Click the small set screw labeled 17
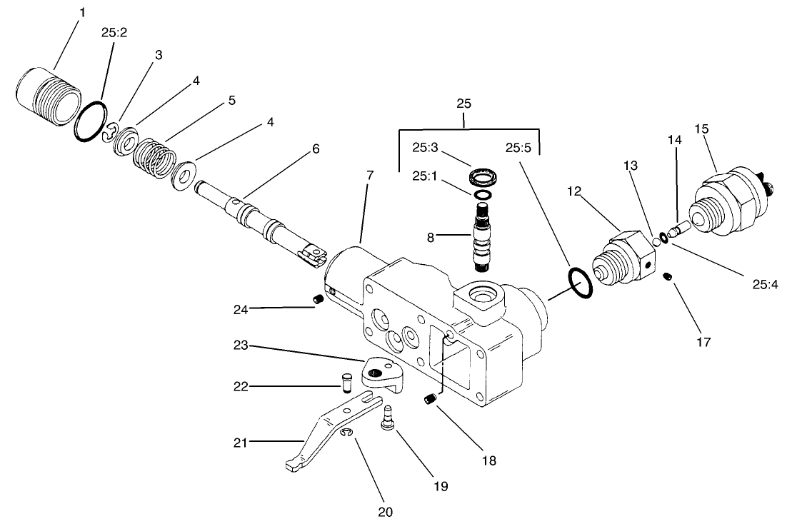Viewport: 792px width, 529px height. (668, 277)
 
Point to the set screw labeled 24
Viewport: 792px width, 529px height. (319, 300)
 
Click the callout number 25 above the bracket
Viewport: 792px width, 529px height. (464, 104)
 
